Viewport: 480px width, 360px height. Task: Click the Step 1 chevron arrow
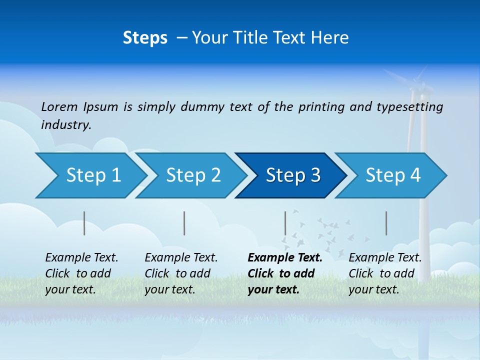tap(90, 175)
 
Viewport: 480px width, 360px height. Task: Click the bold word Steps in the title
tap(145, 38)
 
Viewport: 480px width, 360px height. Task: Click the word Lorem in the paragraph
tap(59, 106)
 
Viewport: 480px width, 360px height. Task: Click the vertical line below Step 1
tap(84, 223)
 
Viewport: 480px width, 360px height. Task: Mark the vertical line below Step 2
tap(184, 223)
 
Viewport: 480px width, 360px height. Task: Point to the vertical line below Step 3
tap(285, 223)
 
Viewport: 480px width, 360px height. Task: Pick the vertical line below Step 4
tap(386, 223)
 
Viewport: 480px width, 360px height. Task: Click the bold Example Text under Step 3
tap(285, 258)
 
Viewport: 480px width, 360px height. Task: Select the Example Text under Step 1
tap(81, 258)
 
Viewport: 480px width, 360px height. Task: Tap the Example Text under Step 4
tap(385, 258)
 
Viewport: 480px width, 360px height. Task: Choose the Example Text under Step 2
tap(181, 258)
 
